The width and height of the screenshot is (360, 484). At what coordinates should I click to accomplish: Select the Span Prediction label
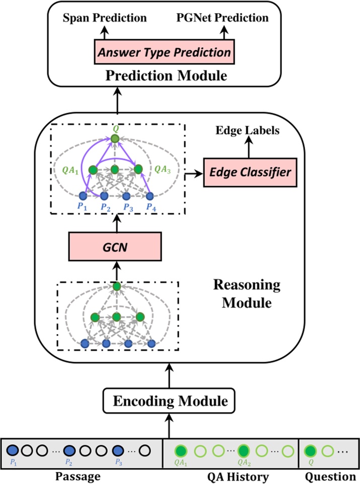pos(104,18)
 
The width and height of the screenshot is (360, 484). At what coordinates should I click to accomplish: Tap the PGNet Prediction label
pos(222,18)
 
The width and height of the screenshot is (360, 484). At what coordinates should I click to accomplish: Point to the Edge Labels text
pos(246,131)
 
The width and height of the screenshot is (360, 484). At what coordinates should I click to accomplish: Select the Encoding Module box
pos(169,401)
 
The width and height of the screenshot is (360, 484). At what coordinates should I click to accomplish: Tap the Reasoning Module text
pos(247,294)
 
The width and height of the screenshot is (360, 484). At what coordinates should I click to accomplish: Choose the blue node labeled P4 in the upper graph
pos(150,196)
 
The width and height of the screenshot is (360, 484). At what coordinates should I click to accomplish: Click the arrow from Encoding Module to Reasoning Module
pos(169,375)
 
